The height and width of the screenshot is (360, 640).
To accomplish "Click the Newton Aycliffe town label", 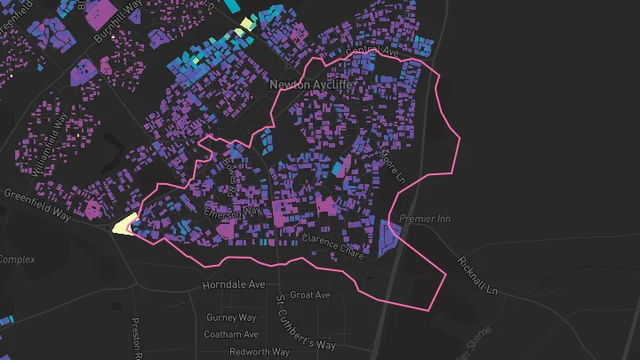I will [x=311, y=84].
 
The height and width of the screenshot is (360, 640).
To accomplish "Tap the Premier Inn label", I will [x=427, y=219].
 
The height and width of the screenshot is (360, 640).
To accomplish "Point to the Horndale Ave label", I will [x=234, y=285].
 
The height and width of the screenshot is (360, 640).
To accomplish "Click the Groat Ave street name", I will [x=310, y=294].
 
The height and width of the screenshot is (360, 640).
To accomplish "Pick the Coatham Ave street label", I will [x=230, y=334].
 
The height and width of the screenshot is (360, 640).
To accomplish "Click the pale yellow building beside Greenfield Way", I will [x=122, y=225].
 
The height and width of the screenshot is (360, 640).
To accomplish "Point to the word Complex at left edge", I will [x=16, y=260].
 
